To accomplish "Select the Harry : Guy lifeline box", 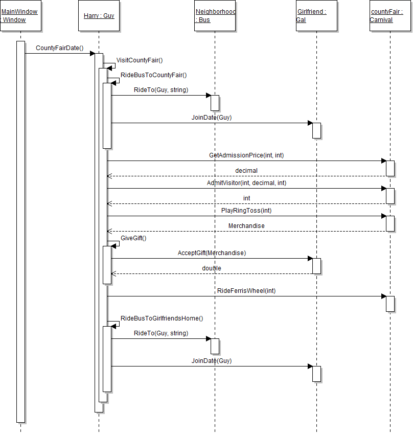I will (x=99, y=16).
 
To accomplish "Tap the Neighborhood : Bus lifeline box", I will (x=215, y=16).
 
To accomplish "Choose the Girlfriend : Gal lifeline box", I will (x=316, y=16).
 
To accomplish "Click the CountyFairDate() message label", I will (x=60, y=48).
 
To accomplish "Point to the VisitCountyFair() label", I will (x=140, y=60).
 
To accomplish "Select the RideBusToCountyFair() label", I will (x=154, y=75).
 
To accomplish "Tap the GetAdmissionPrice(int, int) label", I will (x=246, y=155).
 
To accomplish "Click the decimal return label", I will (x=246, y=170).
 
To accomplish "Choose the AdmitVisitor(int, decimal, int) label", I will (x=246, y=182).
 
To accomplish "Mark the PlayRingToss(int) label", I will (x=246, y=210).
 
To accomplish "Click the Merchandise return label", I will (x=246, y=225).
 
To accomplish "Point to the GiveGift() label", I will (x=133, y=238).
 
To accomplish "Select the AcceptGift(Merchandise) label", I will (x=212, y=253).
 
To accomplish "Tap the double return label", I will (x=212, y=268).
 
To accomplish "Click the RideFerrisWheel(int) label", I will (x=246, y=291).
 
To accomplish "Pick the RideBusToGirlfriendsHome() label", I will (x=162, y=318).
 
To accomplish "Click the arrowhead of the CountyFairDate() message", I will (x=93, y=53).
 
